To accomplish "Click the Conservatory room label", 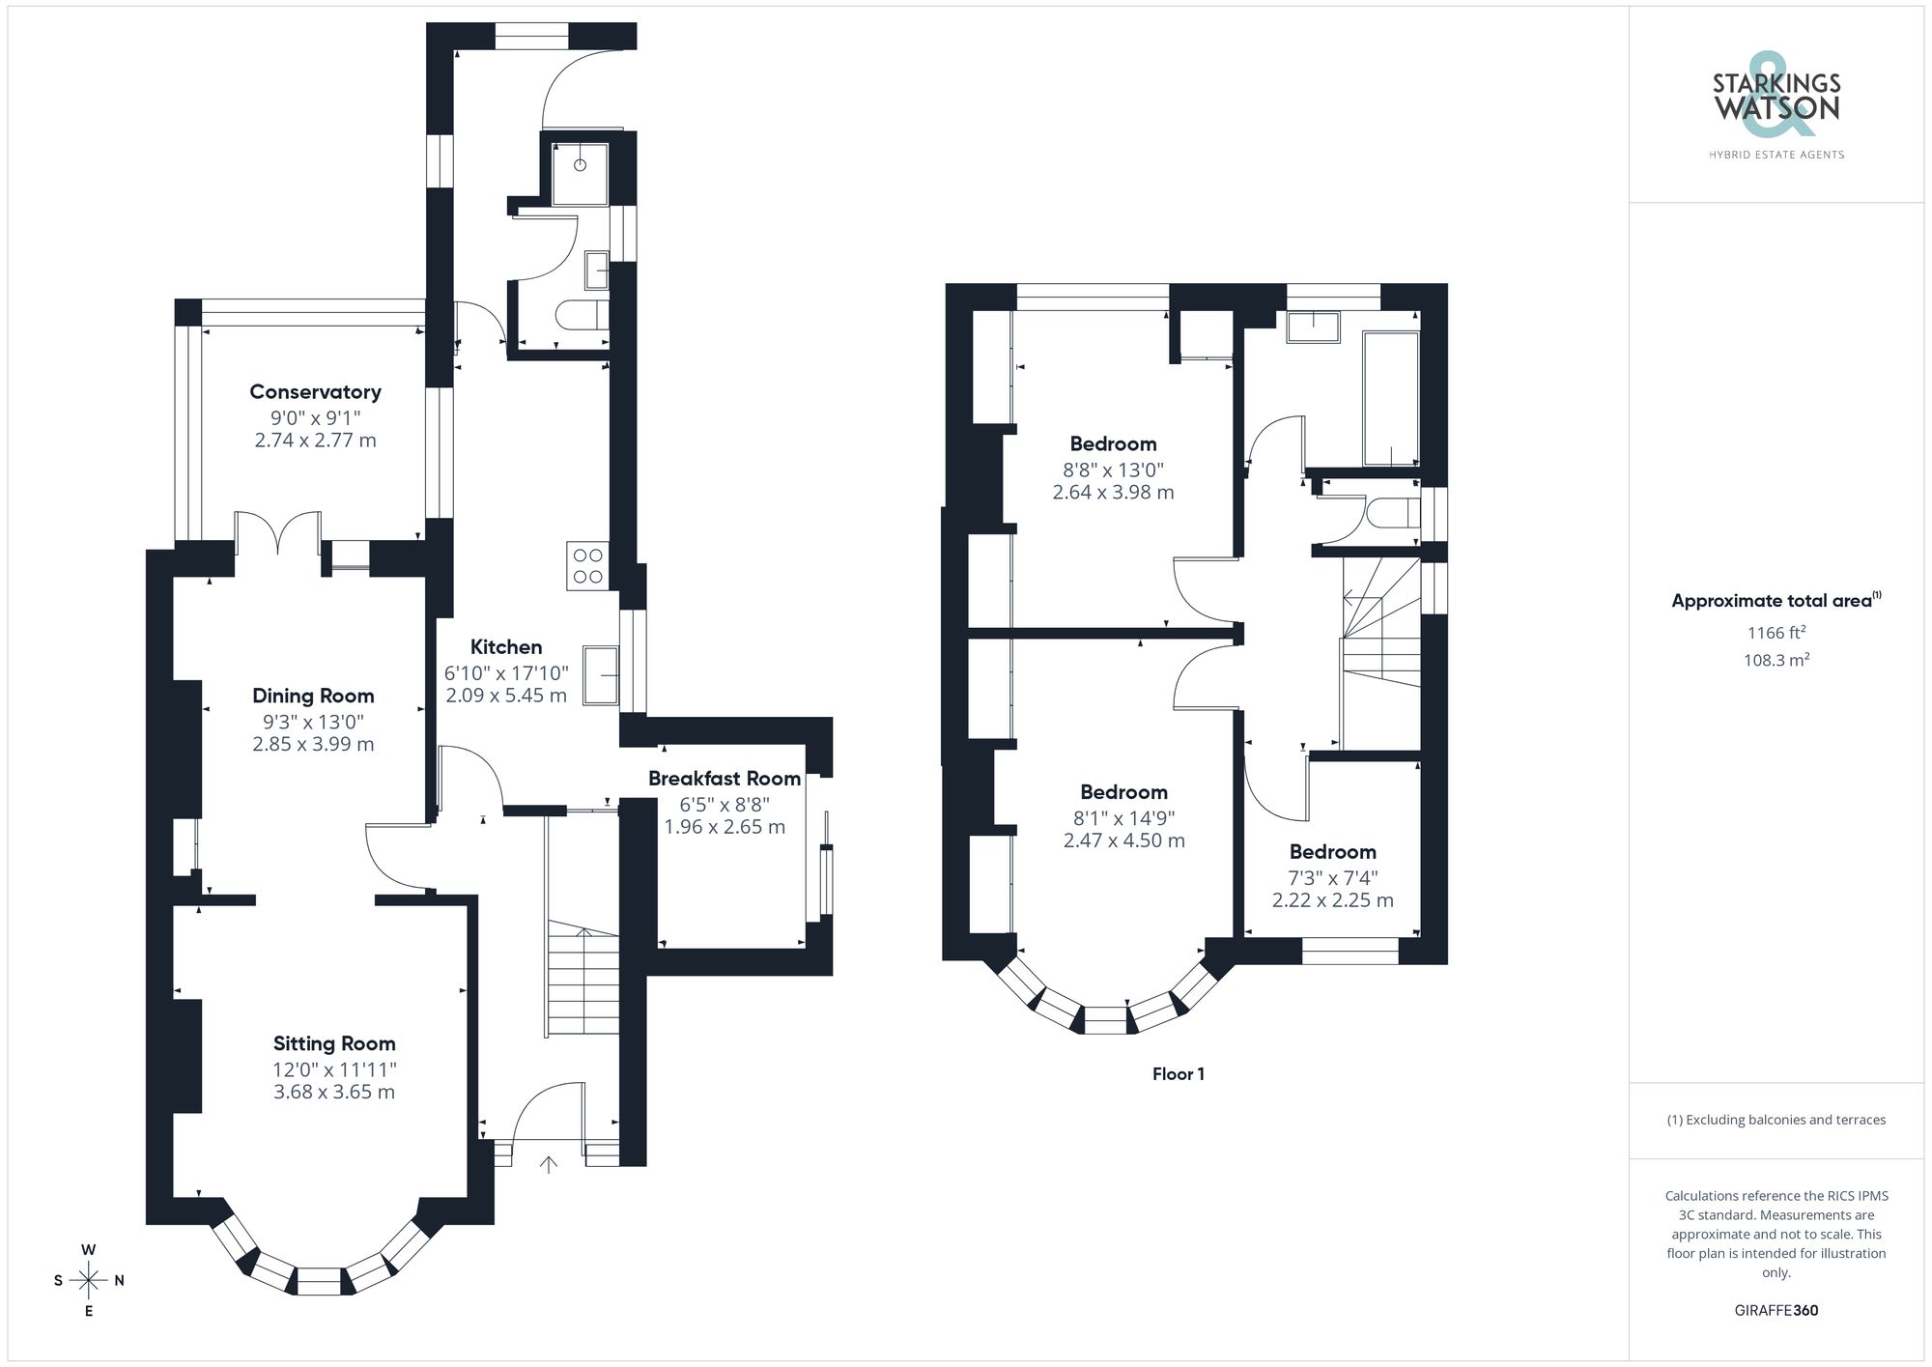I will [315, 391].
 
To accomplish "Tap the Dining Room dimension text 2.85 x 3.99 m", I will [313, 744].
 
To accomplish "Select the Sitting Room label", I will [334, 1043].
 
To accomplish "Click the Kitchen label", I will [506, 647].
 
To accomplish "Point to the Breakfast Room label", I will [724, 779].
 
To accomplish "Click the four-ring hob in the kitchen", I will [587, 566].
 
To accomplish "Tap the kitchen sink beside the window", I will [601, 675].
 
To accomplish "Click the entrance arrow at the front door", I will [548, 1164].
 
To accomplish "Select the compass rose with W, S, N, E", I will [89, 1281].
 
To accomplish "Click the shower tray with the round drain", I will [580, 174].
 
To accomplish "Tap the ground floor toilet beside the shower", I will [584, 315].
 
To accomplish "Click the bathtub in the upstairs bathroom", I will [1390, 398].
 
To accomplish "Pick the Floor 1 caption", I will [1178, 1074].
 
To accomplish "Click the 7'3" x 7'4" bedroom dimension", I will [1332, 878].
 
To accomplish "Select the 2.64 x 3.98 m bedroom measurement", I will [1113, 493].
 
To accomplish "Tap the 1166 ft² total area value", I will [1776, 633].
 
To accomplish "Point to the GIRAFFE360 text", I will [1776, 1311].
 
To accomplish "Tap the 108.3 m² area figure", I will [1776, 661].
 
